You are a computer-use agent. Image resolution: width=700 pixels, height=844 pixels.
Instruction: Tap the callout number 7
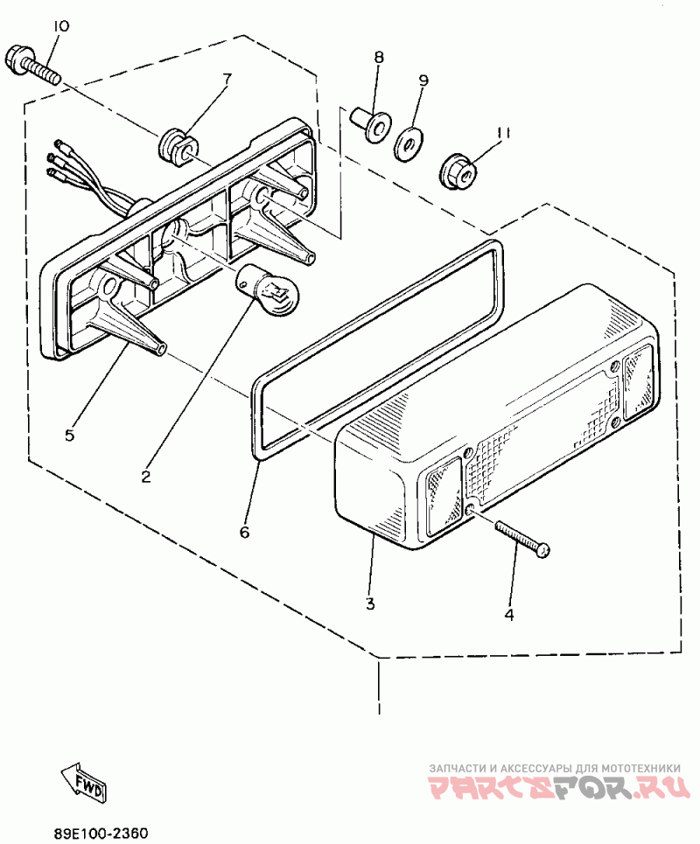pyautogui.click(x=227, y=80)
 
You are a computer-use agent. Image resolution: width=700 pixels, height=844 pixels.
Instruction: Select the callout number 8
pyautogui.click(x=379, y=58)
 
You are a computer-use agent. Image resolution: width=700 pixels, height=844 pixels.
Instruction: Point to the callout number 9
pyautogui.click(x=423, y=80)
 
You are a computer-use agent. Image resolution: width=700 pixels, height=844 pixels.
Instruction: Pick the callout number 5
pyautogui.click(x=70, y=434)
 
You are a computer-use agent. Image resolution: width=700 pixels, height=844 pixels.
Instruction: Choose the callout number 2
pyautogui.click(x=146, y=477)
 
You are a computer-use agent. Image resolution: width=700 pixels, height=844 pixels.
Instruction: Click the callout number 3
pyautogui.click(x=370, y=603)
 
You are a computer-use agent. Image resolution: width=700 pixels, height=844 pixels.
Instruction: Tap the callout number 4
pyautogui.click(x=508, y=614)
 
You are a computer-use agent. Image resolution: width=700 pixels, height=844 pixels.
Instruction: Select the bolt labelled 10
pyautogui.click(x=32, y=66)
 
